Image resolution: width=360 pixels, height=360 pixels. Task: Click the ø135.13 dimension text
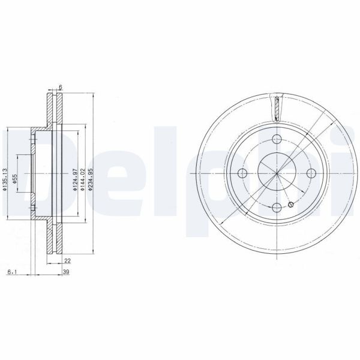tap(5, 179)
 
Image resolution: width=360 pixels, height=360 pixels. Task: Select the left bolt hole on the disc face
tap(242, 173)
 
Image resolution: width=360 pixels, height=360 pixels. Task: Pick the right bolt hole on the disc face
tap(311, 173)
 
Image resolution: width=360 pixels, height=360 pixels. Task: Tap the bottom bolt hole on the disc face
tap(277, 208)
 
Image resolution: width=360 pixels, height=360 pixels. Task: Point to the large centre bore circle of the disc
tap(277, 173)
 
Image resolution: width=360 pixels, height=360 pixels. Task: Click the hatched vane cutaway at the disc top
tap(277, 110)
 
